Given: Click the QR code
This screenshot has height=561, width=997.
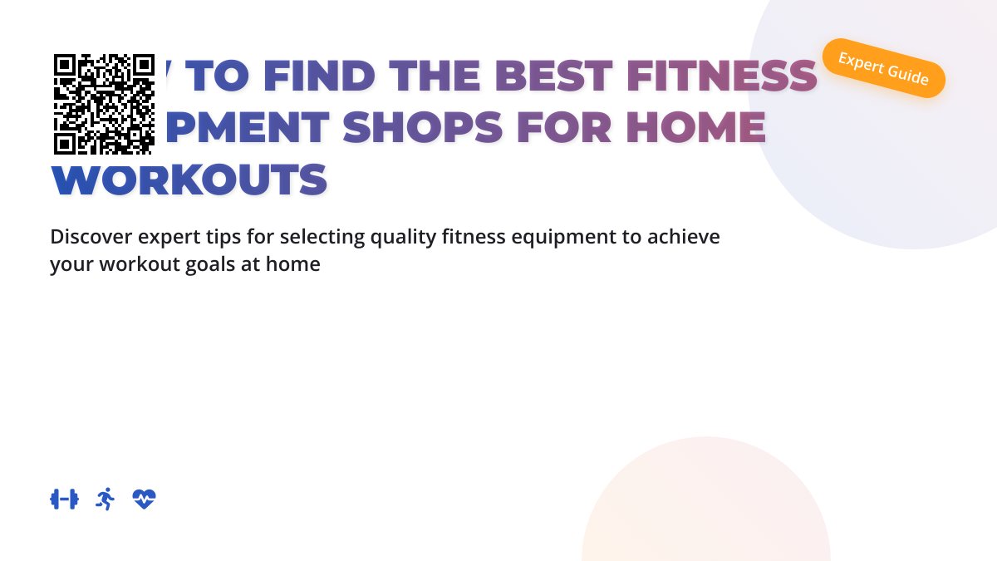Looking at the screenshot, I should click(x=104, y=104).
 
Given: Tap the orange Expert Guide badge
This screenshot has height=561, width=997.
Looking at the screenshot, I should click(x=883, y=68).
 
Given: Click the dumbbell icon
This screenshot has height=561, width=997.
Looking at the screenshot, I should click(x=64, y=499).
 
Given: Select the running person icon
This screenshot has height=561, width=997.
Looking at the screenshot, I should click(x=105, y=499).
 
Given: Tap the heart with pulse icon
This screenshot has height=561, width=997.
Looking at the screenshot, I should click(x=145, y=499).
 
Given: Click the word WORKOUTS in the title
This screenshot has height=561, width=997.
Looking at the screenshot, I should click(x=189, y=180).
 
